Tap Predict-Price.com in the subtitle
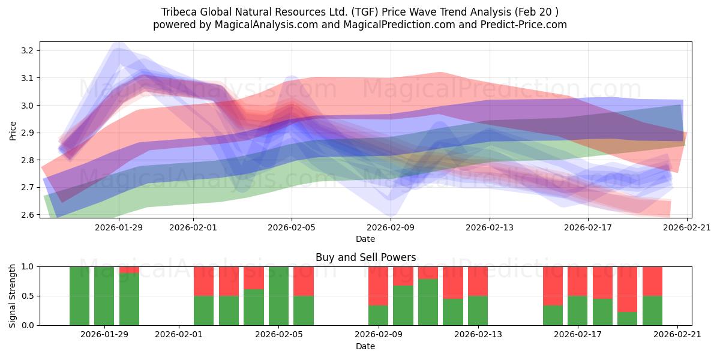click(524, 25)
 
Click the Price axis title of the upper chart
click(13, 131)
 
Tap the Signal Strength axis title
click(12, 296)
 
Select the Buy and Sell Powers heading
click(366, 257)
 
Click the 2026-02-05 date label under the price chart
click(292, 227)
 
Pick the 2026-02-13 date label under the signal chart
click(478, 335)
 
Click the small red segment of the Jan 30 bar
click(129, 270)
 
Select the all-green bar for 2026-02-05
click(278, 296)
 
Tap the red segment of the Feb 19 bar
click(628, 289)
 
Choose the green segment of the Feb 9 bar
click(379, 316)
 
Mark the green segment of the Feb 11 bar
click(428, 302)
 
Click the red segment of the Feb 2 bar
click(204, 281)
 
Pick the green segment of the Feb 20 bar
click(653, 311)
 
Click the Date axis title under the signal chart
click(365, 346)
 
